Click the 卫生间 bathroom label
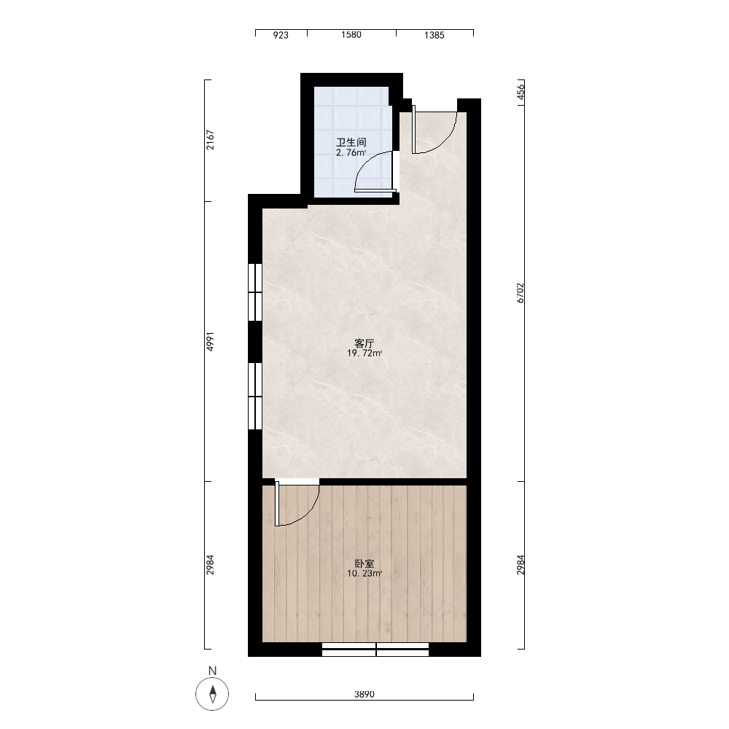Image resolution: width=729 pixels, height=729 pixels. pos(351,142)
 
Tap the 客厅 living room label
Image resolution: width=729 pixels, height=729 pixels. pos(364,343)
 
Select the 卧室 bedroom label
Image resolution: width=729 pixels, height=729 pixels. pos(364,564)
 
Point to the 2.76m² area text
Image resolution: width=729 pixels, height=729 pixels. pos(351,152)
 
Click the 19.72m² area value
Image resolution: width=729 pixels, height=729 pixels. pos(364,354)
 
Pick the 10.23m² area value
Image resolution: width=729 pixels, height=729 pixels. pos(364,574)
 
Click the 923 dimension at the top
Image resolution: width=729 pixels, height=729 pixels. pos(281,35)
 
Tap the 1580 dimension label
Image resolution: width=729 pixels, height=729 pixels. pos(351,34)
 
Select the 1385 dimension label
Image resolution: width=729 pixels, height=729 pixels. pos(434,35)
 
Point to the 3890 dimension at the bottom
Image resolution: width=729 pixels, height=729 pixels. pos(364,695)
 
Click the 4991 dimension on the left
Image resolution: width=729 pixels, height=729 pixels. pos(210,341)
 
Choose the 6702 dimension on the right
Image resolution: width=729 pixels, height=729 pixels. pos(521,293)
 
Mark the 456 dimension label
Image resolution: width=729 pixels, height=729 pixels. pos(521,91)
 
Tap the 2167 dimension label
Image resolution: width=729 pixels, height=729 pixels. pos(211,139)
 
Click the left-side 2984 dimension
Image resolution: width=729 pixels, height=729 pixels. pos(210,564)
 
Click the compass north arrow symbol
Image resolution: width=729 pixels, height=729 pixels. pos(212,694)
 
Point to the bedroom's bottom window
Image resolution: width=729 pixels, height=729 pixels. pos(375,650)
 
